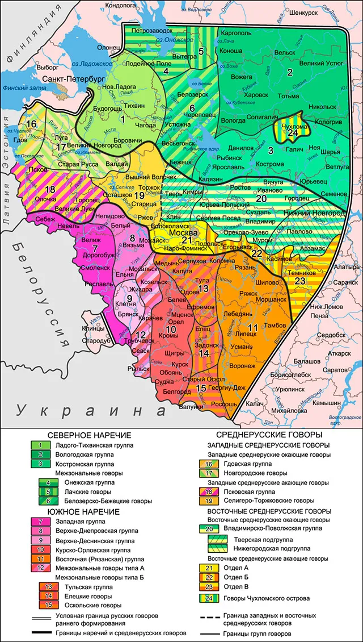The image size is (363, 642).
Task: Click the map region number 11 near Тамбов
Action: [x=252, y=327]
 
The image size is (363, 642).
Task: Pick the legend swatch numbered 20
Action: [x=206, y=528]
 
